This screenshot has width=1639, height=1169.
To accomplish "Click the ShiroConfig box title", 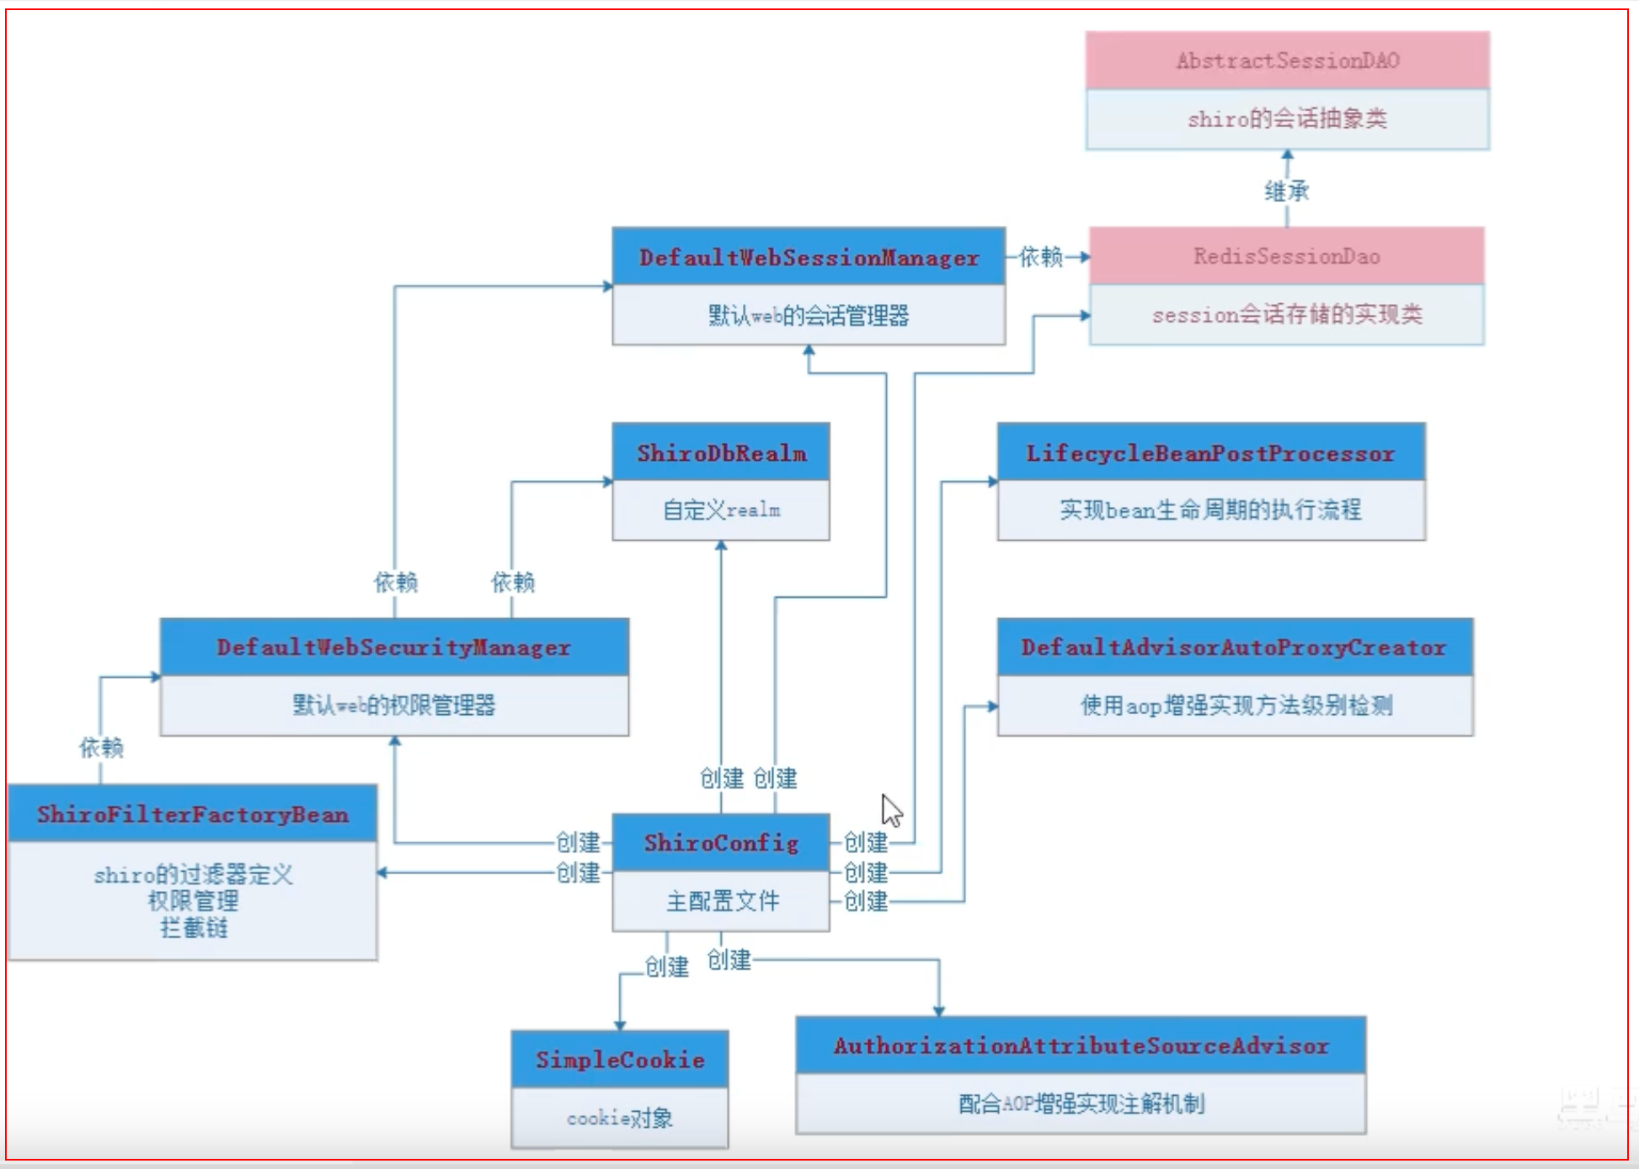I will click(721, 842).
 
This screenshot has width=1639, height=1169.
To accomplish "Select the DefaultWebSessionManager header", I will click(809, 257).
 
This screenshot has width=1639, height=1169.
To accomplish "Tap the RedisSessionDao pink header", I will click(1286, 256).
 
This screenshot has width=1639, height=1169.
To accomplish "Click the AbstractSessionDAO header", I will click(1287, 61).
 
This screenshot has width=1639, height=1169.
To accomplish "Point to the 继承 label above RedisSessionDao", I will click(1286, 191).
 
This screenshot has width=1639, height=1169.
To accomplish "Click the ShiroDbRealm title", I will click(721, 453).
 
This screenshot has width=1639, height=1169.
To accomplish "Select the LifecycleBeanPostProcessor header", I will click(1210, 453).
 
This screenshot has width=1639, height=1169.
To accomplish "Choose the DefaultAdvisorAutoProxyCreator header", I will click(1234, 647).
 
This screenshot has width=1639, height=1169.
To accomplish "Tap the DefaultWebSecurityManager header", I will click(393, 647).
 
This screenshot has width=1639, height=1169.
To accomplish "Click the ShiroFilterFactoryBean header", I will click(192, 814).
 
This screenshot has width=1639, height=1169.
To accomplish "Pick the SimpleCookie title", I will click(620, 1060).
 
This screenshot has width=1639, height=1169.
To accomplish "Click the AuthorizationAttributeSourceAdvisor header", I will click(1081, 1045).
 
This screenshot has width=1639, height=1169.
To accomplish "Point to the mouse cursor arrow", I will click(890, 810).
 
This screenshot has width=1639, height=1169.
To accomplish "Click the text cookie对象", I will click(620, 1118).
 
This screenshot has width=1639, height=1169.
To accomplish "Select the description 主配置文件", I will click(721, 901).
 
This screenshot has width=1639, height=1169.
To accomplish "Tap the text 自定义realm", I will click(721, 510).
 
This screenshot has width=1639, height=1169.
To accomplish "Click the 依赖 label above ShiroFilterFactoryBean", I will click(101, 747).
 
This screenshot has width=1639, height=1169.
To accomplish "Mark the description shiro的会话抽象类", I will click(1287, 119).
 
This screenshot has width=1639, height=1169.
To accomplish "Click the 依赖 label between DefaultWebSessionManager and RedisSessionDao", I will click(1041, 256).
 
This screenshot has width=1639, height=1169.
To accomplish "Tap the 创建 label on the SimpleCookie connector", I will click(666, 966).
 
